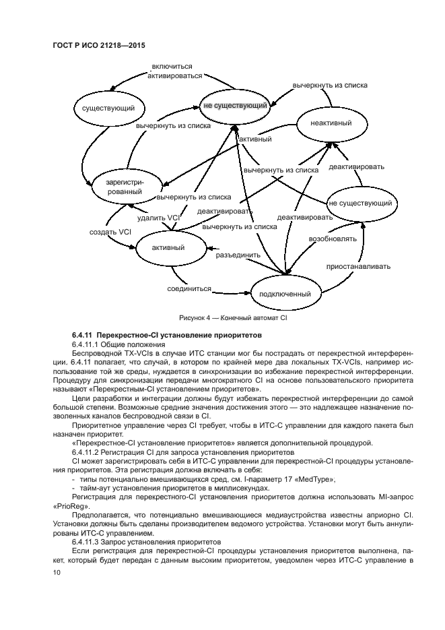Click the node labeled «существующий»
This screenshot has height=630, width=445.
104,108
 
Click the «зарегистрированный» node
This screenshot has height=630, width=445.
123,187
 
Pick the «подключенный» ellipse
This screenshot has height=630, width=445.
285,294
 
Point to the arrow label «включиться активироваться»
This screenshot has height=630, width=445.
172,71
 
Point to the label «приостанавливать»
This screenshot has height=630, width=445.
359,266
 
